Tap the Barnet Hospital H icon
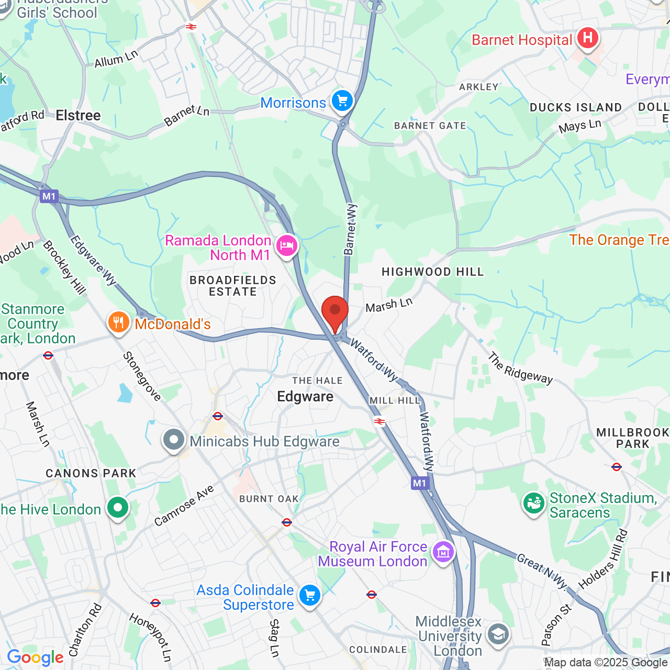click(x=588, y=38)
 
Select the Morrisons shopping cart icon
click(x=342, y=100)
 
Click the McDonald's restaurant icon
click(x=119, y=322)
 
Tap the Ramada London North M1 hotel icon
click(x=286, y=245)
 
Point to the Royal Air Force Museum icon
click(x=443, y=552)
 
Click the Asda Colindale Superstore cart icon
click(x=309, y=596)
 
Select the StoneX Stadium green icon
click(x=533, y=504)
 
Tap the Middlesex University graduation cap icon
click(x=498, y=634)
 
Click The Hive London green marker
click(x=118, y=507)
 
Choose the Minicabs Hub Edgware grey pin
click(x=174, y=440)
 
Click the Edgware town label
click(x=305, y=397)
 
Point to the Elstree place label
click(x=78, y=115)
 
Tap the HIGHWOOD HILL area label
click(x=432, y=272)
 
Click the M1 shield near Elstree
click(x=49, y=196)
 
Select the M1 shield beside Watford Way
click(x=420, y=483)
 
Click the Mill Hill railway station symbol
click(x=379, y=421)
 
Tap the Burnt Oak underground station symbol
click(x=286, y=522)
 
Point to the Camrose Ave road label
click(x=184, y=505)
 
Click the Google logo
click(x=35, y=657)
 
